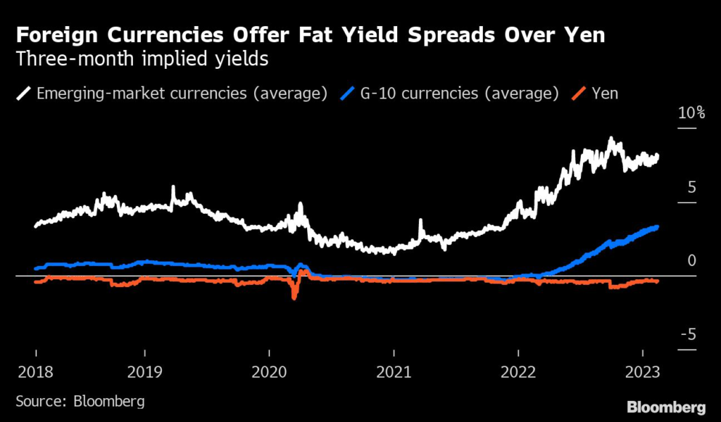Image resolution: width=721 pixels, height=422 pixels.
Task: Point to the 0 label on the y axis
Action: click(691, 261)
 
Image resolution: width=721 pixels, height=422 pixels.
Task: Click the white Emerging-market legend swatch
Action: click(23, 93)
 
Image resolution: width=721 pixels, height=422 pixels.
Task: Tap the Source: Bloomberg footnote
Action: click(80, 402)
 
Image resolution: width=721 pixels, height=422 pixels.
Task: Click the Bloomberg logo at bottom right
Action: click(666, 407)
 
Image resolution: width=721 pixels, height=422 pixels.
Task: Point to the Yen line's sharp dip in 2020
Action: click(294, 297)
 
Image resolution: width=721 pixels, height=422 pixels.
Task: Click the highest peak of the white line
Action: click(610, 139)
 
